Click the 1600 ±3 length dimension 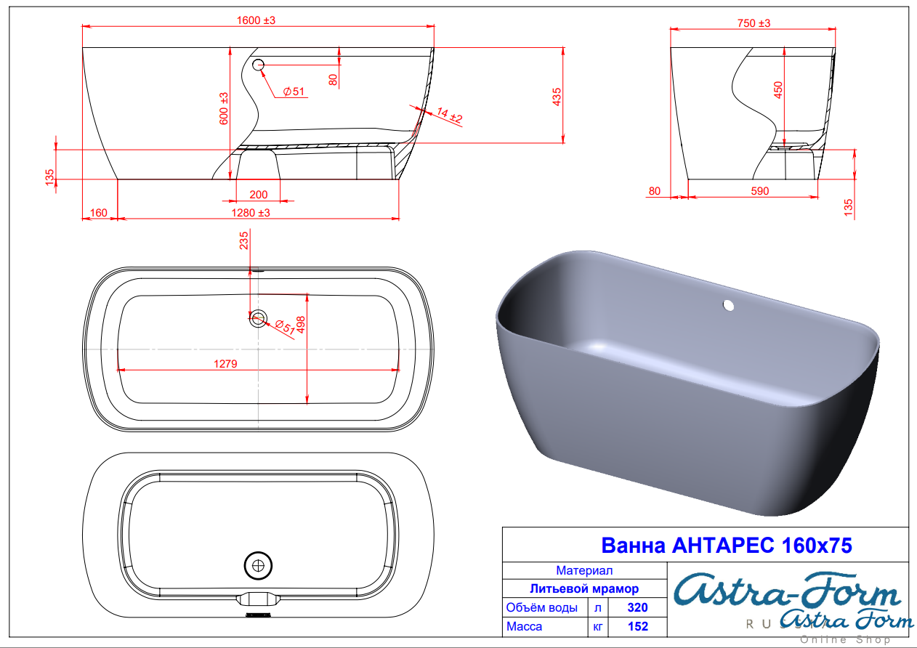(x=256, y=20)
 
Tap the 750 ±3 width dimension (x=754, y=23)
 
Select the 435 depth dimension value (x=557, y=97)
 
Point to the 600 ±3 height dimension (x=224, y=108)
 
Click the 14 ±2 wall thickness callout (x=450, y=115)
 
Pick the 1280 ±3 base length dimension (x=251, y=213)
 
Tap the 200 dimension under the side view (x=259, y=195)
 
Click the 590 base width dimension (x=760, y=191)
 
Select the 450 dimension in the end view (x=777, y=90)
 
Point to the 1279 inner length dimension (x=225, y=363)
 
